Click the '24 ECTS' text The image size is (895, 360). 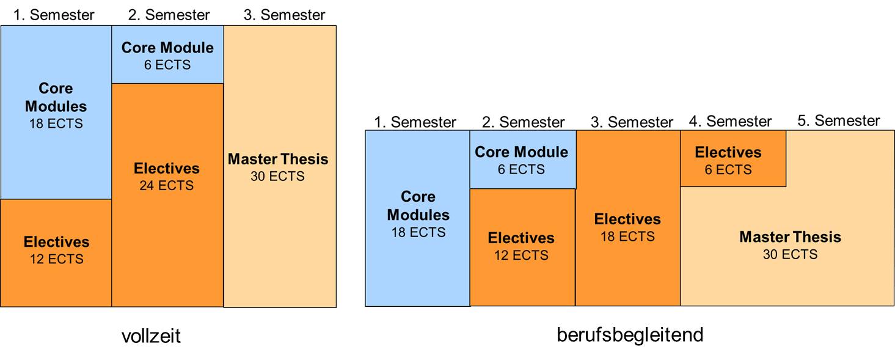(166, 186)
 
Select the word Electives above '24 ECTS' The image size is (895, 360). (166, 169)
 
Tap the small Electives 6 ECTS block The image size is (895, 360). (732, 159)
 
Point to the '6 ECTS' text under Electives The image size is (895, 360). (728, 170)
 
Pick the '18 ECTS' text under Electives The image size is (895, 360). (627, 237)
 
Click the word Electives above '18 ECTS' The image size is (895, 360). (627, 219)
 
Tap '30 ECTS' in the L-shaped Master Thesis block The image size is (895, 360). (790, 254)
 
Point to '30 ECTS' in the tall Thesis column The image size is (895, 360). (277, 177)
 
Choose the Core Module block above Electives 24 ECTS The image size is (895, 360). (167, 55)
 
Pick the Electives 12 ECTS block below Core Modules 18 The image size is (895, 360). (56, 275)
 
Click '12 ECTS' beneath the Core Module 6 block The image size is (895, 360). (521, 255)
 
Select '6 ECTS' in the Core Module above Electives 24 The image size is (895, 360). (167, 65)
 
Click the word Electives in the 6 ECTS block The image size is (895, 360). (728, 152)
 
